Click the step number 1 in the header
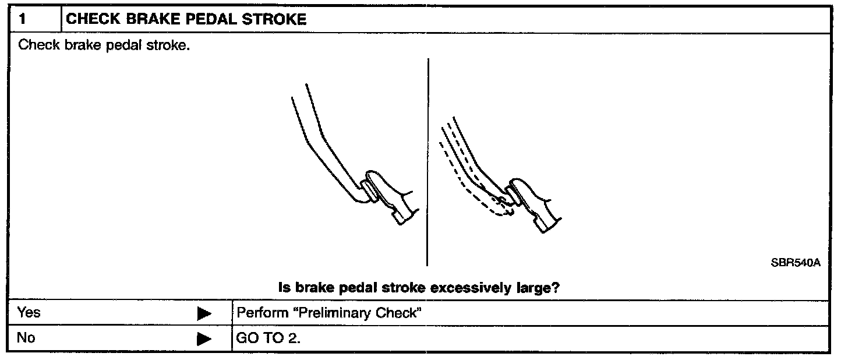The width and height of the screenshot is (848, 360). [x=22, y=19]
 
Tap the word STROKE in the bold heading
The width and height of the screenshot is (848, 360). [x=274, y=19]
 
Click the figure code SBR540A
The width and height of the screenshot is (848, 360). [x=796, y=263]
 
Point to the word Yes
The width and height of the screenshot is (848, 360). [x=29, y=313]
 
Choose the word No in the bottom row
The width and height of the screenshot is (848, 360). [x=26, y=338]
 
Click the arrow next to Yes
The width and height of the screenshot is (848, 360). [x=204, y=314]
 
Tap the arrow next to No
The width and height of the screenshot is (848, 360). [x=204, y=338]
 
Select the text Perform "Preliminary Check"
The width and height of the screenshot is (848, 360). [x=328, y=313]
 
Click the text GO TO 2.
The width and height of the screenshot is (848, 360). [x=268, y=338]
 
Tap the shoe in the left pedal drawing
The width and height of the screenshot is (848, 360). [x=392, y=196]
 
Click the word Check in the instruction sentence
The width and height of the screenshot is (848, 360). [x=39, y=45]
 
